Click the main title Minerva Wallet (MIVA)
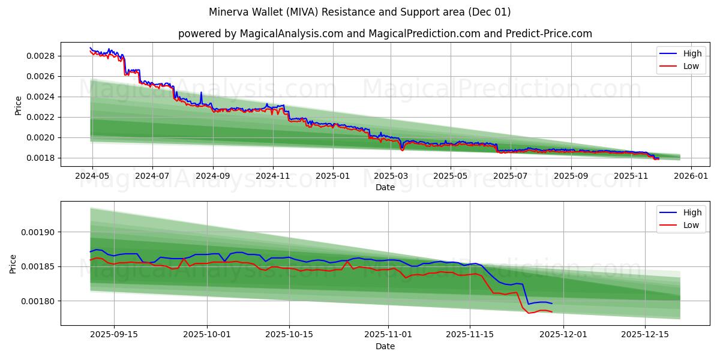(x=360, y=12)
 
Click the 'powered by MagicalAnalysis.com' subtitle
(x=385, y=34)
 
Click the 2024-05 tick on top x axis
(x=92, y=176)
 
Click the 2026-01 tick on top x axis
(x=691, y=176)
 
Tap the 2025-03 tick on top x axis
(x=391, y=176)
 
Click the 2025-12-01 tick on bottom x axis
(x=563, y=334)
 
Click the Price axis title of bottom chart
(x=13, y=263)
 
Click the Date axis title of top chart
(x=385, y=187)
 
